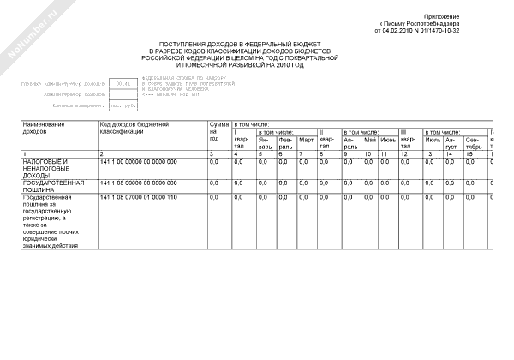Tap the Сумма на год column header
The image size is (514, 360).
click(219, 131)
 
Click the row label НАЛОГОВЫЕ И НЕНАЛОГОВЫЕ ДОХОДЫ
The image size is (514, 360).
click(44, 168)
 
